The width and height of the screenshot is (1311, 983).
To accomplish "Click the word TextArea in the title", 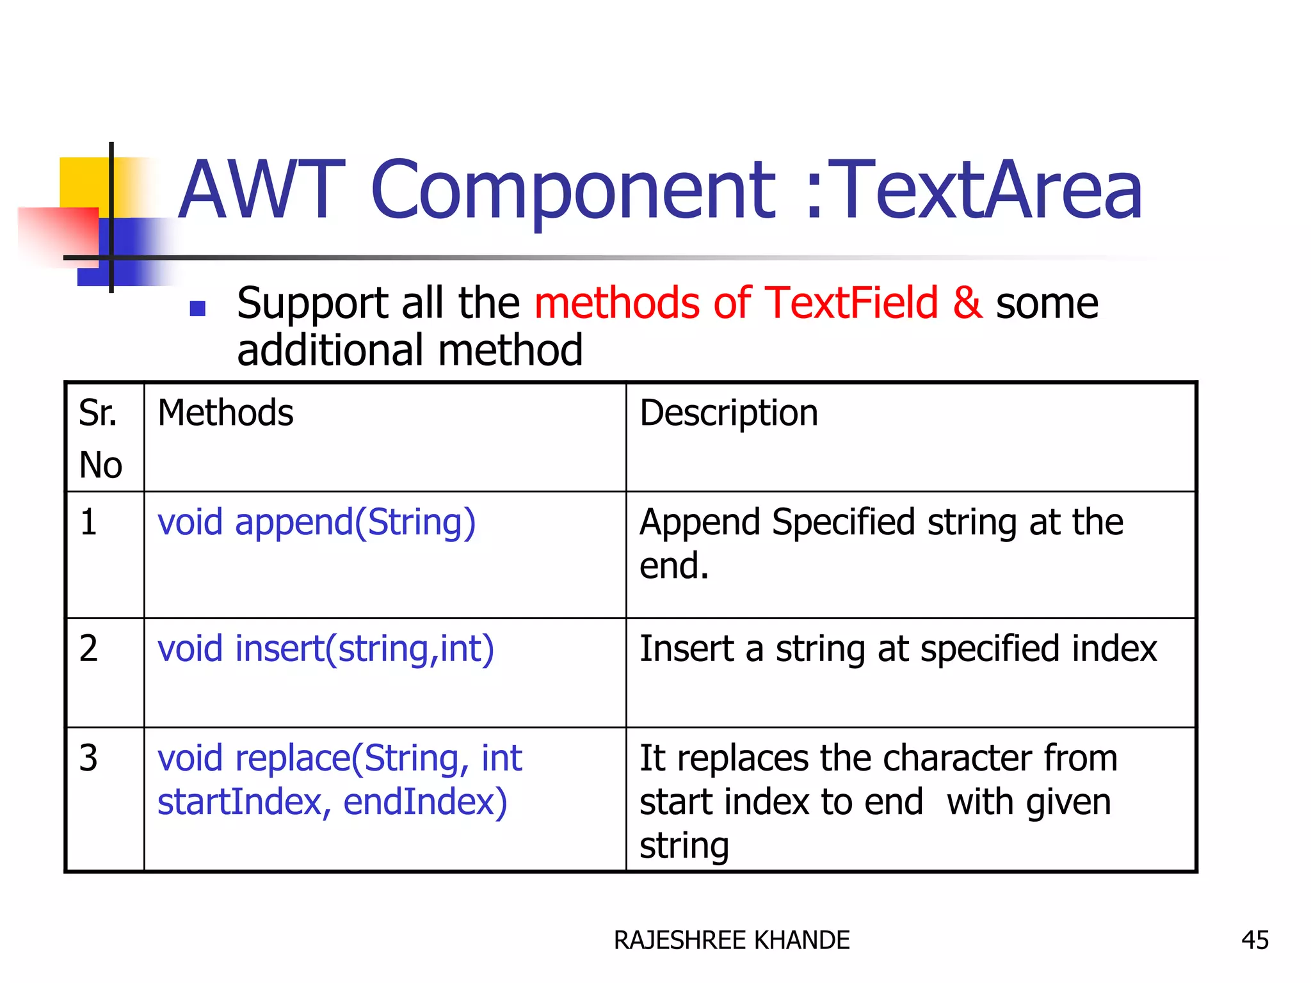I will [989, 190].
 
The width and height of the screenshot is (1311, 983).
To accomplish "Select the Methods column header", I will [225, 413].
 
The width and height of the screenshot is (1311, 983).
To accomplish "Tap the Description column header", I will [728, 413].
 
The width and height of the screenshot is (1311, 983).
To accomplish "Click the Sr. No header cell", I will [101, 438].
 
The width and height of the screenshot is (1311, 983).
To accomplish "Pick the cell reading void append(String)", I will [317, 522].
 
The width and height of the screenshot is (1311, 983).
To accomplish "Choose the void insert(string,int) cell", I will [326, 649].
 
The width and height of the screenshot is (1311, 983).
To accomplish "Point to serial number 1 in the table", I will [89, 522].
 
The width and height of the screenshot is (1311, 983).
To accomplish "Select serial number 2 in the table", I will [89, 648].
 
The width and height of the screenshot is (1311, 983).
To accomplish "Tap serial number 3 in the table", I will [89, 758].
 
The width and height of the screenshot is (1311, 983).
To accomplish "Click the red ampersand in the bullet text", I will [967, 303].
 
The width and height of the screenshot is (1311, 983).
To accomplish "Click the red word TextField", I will [851, 303].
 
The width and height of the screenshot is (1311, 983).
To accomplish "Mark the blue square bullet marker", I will [198, 309].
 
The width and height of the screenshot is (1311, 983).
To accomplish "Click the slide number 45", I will [1255, 940].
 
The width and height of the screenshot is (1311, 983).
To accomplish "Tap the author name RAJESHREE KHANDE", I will [732, 940].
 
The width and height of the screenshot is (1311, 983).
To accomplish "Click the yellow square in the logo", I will [83, 182].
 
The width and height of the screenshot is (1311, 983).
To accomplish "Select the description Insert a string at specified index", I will [898, 649].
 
